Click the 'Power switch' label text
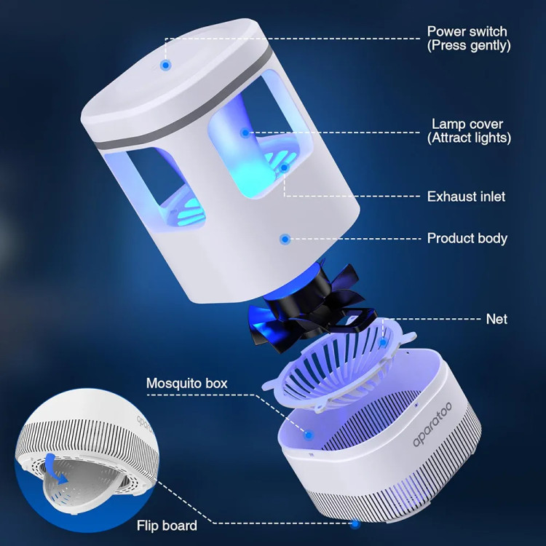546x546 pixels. (467, 31)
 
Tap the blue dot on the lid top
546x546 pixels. (166, 65)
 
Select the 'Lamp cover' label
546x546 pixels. (467, 124)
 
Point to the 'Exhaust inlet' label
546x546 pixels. (466, 197)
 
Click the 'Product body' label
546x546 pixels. (467, 238)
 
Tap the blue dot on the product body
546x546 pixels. (285, 239)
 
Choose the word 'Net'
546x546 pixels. (496, 319)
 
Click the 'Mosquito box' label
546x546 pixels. (186, 383)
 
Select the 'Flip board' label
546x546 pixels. (167, 526)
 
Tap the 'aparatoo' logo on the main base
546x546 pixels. (432, 424)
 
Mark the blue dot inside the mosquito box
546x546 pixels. (308, 435)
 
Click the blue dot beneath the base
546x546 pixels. (355, 523)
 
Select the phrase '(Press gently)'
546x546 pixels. (469, 45)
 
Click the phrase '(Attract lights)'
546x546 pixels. (469, 138)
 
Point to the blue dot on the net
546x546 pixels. (383, 343)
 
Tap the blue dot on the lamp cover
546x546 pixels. (245, 132)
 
